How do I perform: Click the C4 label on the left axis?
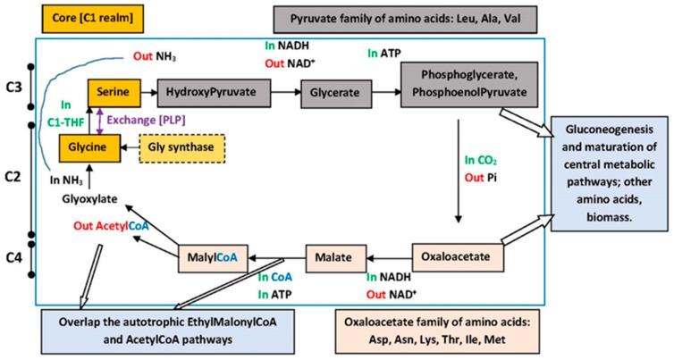tap(13, 259)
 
